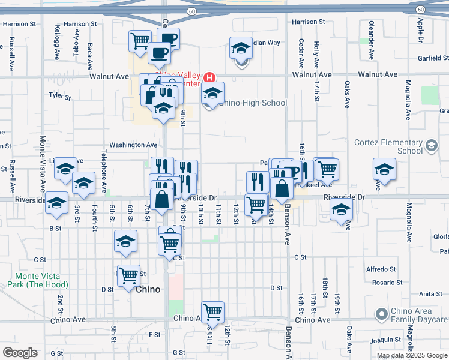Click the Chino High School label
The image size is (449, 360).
[253, 103]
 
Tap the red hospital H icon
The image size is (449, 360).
[209, 77]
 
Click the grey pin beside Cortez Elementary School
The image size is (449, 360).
[431, 145]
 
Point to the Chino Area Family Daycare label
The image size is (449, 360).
[415, 318]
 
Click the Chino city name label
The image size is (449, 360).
[148, 289]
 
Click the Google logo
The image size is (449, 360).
[20, 353]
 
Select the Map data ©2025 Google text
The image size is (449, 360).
[412, 355]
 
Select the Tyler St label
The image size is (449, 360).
[60, 95]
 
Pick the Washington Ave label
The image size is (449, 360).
[133, 145]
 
